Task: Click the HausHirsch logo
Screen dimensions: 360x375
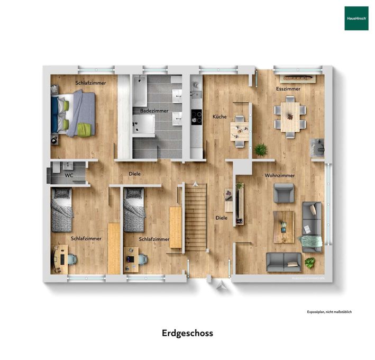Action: tap(356, 18)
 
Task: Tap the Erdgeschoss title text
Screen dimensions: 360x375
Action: tap(187, 334)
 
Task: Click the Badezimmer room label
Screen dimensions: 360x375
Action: tap(154, 111)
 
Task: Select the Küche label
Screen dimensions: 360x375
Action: tap(219, 116)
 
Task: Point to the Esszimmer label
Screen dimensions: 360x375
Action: tap(288, 89)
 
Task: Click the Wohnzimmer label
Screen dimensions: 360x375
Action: tap(280, 175)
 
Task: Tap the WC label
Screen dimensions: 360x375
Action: tap(69, 175)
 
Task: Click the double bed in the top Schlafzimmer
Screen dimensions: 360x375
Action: tap(74, 113)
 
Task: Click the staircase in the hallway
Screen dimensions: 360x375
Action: tap(196, 217)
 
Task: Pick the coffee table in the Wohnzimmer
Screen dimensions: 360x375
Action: tap(283, 226)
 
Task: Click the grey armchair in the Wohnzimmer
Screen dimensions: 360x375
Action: tap(284, 193)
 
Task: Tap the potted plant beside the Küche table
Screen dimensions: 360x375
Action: tap(260, 150)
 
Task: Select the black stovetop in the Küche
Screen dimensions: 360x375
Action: tap(196, 116)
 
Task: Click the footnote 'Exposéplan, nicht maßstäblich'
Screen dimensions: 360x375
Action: tap(329, 312)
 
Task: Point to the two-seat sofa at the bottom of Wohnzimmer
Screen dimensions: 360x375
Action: tap(283, 261)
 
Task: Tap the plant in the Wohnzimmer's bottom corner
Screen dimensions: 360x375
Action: tap(310, 262)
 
